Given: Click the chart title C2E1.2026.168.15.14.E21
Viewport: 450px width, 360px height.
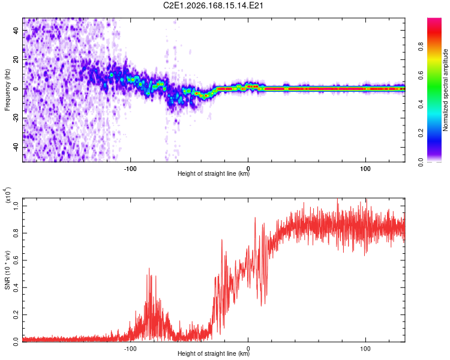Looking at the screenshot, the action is (x=213, y=5).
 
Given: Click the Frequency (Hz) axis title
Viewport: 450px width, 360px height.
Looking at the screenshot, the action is (x=7, y=90).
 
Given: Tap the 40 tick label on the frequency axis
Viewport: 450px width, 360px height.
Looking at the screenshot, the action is (x=16, y=31).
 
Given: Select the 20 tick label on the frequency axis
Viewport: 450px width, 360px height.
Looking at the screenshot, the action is (x=16, y=59).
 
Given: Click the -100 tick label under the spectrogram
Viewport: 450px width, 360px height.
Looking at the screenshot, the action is (x=130, y=169).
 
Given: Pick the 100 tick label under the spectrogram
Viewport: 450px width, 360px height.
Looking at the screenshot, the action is (x=365, y=169).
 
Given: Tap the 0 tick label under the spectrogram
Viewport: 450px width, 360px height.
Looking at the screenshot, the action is (x=248, y=169).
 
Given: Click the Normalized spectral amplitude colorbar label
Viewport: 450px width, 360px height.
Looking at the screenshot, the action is (x=445, y=90).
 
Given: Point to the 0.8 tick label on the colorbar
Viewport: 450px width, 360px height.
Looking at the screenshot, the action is (x=421, y=46).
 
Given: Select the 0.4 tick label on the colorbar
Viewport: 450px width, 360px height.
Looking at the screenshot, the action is (x=421, y=104).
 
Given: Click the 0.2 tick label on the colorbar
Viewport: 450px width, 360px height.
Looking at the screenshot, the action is (x=421, y=133).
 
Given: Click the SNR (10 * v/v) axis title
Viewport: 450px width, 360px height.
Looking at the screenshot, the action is (x=7, y=270).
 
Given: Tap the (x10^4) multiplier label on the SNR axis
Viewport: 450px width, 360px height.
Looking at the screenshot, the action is (x=8, y=195).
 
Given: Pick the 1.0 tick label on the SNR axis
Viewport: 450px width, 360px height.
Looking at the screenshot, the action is (x=16, y=206).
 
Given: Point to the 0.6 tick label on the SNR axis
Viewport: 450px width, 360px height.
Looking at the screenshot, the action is (x=16, y=260).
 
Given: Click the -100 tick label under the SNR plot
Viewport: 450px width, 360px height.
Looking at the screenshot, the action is (x=130, y=349).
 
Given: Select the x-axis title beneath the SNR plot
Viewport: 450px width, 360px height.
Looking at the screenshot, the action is (x=214, y=353).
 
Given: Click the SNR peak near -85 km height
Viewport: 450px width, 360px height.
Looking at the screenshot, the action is (x=149, y=268).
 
